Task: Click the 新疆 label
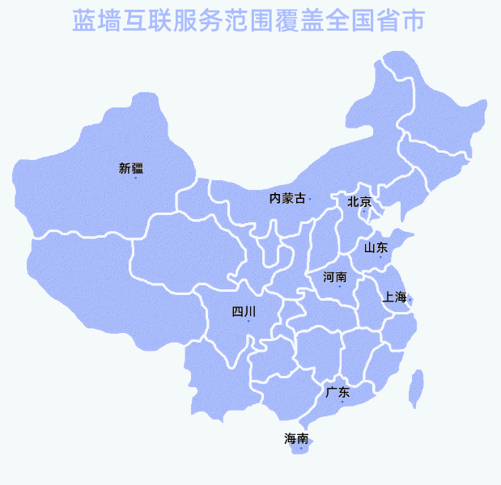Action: pyautogui.click(x=130, y=168)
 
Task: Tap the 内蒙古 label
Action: pyautogui.click(x=287, y=198)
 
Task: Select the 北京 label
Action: pyautogui.click(x=359, y=201)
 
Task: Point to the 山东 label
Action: pyautogui.click(x=376, y=247)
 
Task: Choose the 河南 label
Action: pyautogui.click(x=335, y=277)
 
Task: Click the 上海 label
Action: pyautogui.click(x=395, y=297)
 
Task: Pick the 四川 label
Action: pyautogui.click(x=244, y=311)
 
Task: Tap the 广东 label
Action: pyautogui.click(x=338, y=393)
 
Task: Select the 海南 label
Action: pyautogui.click(x=296, y=439)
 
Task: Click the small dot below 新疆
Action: pyautogui.click(x=135, y=178)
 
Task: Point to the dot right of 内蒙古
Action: pyautogui.click(x=310, y=199)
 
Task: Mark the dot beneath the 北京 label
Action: pyautogui.click(x=364, y=211)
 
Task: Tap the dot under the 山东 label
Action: pyautogui.click(x=380, y=258)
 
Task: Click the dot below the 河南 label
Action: pyautogui.click(x=340, y=287)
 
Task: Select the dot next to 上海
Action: pyautogui.click(x=410, y=300)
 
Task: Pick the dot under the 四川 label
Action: pyautogui.click(x=248, y=322)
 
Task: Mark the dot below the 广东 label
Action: pyautogui.click(x=342, y=403)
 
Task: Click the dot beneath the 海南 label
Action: pyautogui.click(x=301, y=448)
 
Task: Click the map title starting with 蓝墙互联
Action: pyautogui.click(x=249, y=21)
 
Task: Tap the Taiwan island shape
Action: pyautogui.click(x=417, y=388)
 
